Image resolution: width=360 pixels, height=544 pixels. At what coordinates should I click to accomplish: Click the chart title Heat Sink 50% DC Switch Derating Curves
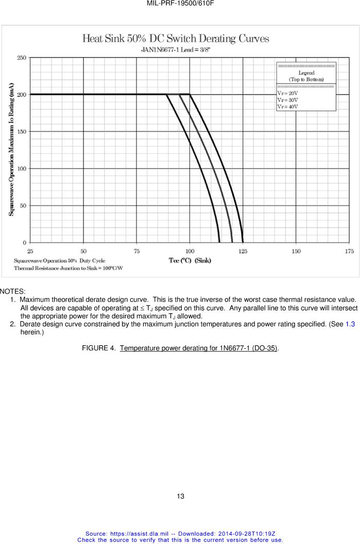click(x=176, y=39)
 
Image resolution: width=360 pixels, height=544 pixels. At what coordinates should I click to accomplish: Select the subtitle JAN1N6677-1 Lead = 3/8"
click(x=176, y=50)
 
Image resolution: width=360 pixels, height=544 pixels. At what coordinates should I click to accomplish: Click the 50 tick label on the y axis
click(x=22, y=206)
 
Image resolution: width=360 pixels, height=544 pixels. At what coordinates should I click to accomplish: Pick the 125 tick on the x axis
click(x=243, y=251)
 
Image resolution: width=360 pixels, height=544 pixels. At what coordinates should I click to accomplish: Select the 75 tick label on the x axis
click(x=136, y=251)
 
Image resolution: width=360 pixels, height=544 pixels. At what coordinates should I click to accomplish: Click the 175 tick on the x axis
click(x=349, y=251)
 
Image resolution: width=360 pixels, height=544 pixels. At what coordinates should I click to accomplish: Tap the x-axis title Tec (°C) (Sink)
click(x=190, y=260)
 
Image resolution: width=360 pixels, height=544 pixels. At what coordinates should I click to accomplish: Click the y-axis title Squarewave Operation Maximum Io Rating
click(x=11, y=149)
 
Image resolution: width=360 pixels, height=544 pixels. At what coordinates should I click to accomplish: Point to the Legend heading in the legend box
click(x=306, y=73)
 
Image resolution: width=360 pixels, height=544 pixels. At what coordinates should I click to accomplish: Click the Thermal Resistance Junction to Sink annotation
click(x=68, y=268)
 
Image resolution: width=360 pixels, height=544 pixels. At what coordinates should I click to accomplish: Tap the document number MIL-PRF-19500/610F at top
click(x=180, y=3)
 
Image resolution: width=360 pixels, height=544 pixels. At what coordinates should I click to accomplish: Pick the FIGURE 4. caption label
click(x=99, y=349)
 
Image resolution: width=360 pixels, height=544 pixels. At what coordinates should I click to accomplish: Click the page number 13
click(x=180, y=497)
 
